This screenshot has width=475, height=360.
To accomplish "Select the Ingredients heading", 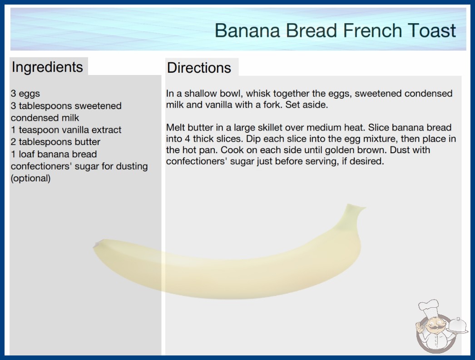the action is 47,67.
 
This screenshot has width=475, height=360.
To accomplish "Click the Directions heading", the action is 199,68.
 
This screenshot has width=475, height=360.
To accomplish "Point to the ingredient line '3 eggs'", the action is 25,94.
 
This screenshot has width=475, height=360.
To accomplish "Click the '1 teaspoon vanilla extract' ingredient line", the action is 66,130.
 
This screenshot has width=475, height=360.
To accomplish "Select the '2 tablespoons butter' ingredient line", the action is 55,142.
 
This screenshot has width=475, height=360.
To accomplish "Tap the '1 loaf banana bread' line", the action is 54,154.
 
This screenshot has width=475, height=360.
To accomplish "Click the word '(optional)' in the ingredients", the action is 30,178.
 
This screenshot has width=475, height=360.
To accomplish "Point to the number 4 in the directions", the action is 188,139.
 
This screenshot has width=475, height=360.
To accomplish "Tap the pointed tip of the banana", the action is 96,245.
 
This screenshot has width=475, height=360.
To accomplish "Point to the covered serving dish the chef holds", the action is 457,326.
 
